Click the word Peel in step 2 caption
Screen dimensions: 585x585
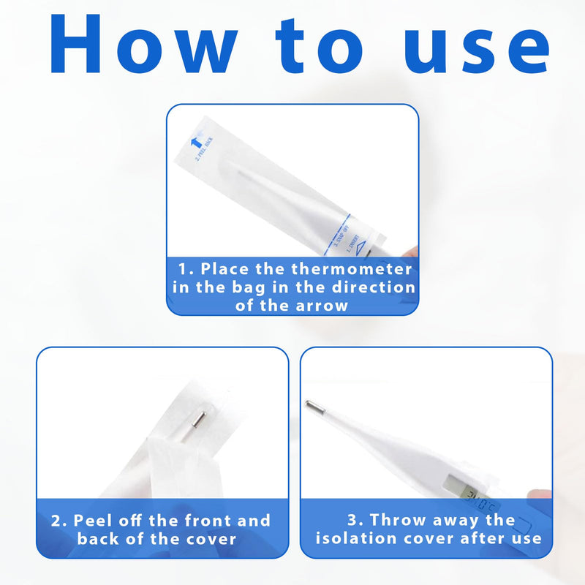coord(91,521)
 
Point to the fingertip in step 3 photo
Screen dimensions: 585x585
coord(542,497)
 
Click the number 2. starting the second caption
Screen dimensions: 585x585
coord(58,521)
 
